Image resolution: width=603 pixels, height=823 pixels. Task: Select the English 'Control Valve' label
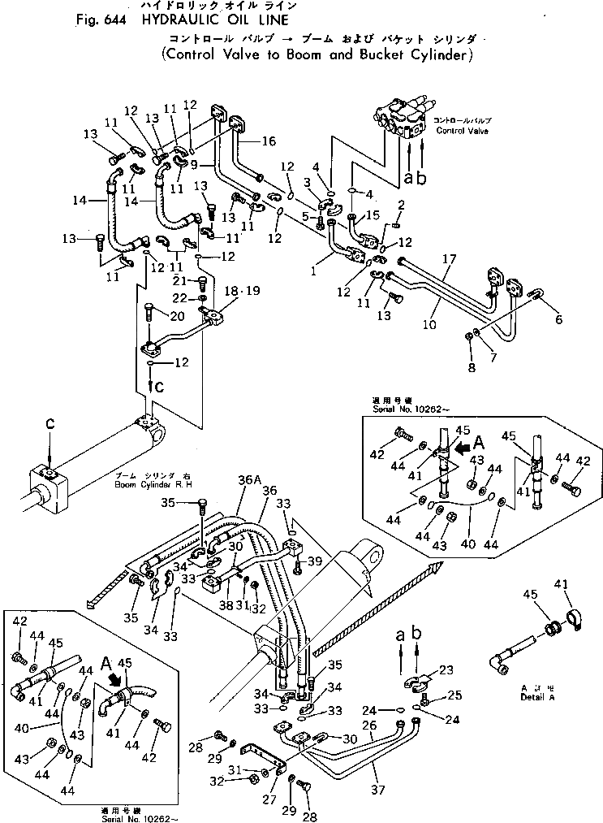coord(461,131)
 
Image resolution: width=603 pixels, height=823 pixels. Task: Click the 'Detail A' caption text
coord(541,697)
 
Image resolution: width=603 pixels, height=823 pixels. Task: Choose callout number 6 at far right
coord(558,319)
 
